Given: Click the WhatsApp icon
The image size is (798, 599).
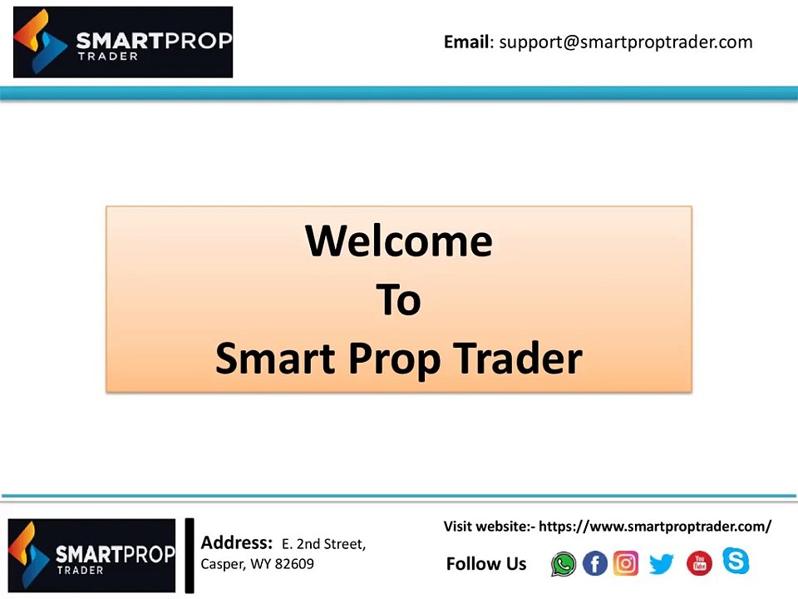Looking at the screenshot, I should (x=564, y=564).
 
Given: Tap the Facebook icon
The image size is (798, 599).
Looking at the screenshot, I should (x=595, y=564).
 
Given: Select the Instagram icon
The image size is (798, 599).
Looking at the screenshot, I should (x=626, y=563).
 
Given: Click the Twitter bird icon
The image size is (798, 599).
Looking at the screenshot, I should (x=661, y=564).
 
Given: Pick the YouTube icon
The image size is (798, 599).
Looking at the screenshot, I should (x=699, y=564).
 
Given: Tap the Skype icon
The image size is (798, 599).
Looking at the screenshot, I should (x=735, y=561).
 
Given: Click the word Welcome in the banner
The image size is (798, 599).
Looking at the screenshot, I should (x=399, y=240).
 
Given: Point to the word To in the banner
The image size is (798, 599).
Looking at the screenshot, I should (x=399, y=299).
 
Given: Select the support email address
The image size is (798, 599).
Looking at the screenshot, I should (x=625, y=42).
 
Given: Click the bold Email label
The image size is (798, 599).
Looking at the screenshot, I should (x=466, y=42).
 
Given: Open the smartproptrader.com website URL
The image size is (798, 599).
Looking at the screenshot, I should (x=655, y=526).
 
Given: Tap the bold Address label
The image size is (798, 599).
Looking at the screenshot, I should (x=236, y=543).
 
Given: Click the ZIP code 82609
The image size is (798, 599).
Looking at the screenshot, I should (x=294, y=564).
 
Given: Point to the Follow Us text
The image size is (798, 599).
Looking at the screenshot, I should (x=486, y=564).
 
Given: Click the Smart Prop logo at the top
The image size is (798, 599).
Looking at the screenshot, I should (x=123, y=42).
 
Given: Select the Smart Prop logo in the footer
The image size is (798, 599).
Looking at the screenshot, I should (x=91, y=555).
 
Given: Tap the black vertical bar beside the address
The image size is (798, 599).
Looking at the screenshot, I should (x=190, y=555).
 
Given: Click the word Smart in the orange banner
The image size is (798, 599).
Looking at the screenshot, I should (x=275, y=359).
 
